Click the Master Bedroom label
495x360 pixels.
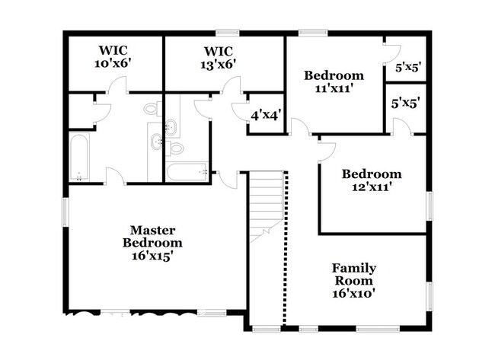[152, 243]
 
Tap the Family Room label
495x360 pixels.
[354, 281]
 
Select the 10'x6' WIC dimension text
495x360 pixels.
[113, 63]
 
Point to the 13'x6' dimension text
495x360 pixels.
[219, 65]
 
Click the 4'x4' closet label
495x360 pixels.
[266, 116]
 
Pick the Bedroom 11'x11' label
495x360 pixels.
[334, 81]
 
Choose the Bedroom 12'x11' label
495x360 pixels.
[372, 180]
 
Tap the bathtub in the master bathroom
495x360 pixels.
[79, 157]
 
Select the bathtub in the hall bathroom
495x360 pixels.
[187, 172]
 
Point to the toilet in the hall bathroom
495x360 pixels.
[174, 148]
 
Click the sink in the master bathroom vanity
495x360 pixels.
[157, 142]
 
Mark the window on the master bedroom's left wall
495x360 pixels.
[65, 212]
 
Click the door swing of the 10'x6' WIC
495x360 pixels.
[117, 84]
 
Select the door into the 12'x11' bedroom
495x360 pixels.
[327, 153]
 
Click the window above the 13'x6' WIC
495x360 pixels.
[227, 33]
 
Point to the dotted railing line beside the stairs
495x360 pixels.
[286, 248]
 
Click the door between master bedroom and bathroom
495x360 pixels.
[116, 175]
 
